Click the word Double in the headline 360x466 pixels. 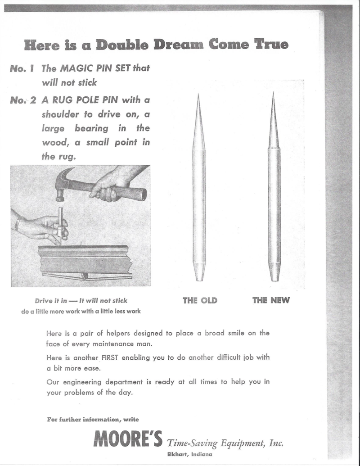point(119,45)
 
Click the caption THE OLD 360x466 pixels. point(200,301)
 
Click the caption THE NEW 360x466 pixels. point(271,300)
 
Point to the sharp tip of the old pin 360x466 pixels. point(198,96)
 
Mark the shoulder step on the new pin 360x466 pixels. point(274,148)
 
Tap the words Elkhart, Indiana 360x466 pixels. point(189,455)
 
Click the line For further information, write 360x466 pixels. point(93,420)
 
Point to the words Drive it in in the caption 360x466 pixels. point(51,301)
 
